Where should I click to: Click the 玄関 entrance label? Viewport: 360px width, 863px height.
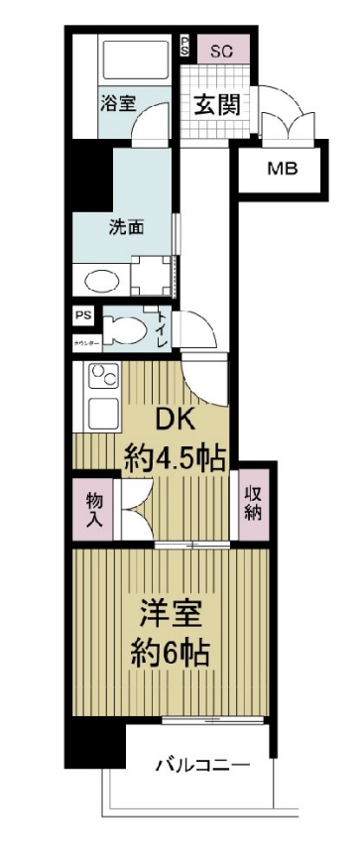(x=216, y=104)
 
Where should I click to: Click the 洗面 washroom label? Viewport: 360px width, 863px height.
(x=126, y=226)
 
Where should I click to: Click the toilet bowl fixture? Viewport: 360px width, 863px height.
(x=125, y=330)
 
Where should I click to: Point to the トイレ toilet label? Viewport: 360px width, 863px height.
(x=161, y=329)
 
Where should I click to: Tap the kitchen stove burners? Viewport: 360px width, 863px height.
(x=100, y=377)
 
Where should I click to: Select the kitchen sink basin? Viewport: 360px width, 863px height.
(x=101, y=411)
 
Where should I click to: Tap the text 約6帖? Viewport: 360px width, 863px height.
(x=171, y=655)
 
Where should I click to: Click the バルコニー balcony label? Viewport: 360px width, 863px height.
(x=201, y=766)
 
